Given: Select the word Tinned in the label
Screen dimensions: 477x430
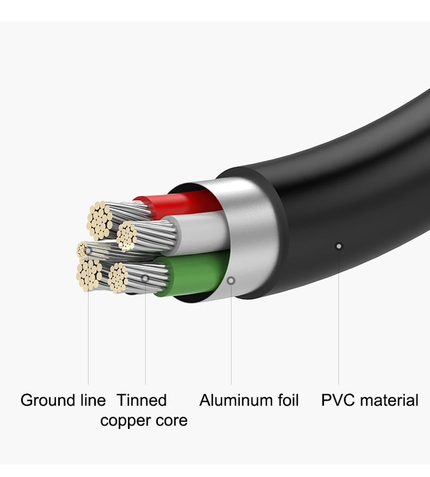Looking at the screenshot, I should point(142,400).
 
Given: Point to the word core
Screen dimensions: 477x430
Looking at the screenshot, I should point(171,421).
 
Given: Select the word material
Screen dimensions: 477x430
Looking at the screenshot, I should point(389,400).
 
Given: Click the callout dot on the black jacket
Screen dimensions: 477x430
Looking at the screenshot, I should point(339,245).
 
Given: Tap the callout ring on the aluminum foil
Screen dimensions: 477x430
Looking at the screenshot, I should point(231,281).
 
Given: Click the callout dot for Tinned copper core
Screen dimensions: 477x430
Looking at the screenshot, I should point(145,278).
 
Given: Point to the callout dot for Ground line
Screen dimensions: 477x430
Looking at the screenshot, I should point(88,250).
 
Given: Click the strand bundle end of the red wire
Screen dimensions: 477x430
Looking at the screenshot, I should point(100,220).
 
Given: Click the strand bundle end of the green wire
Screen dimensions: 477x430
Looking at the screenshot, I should point(119,278).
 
